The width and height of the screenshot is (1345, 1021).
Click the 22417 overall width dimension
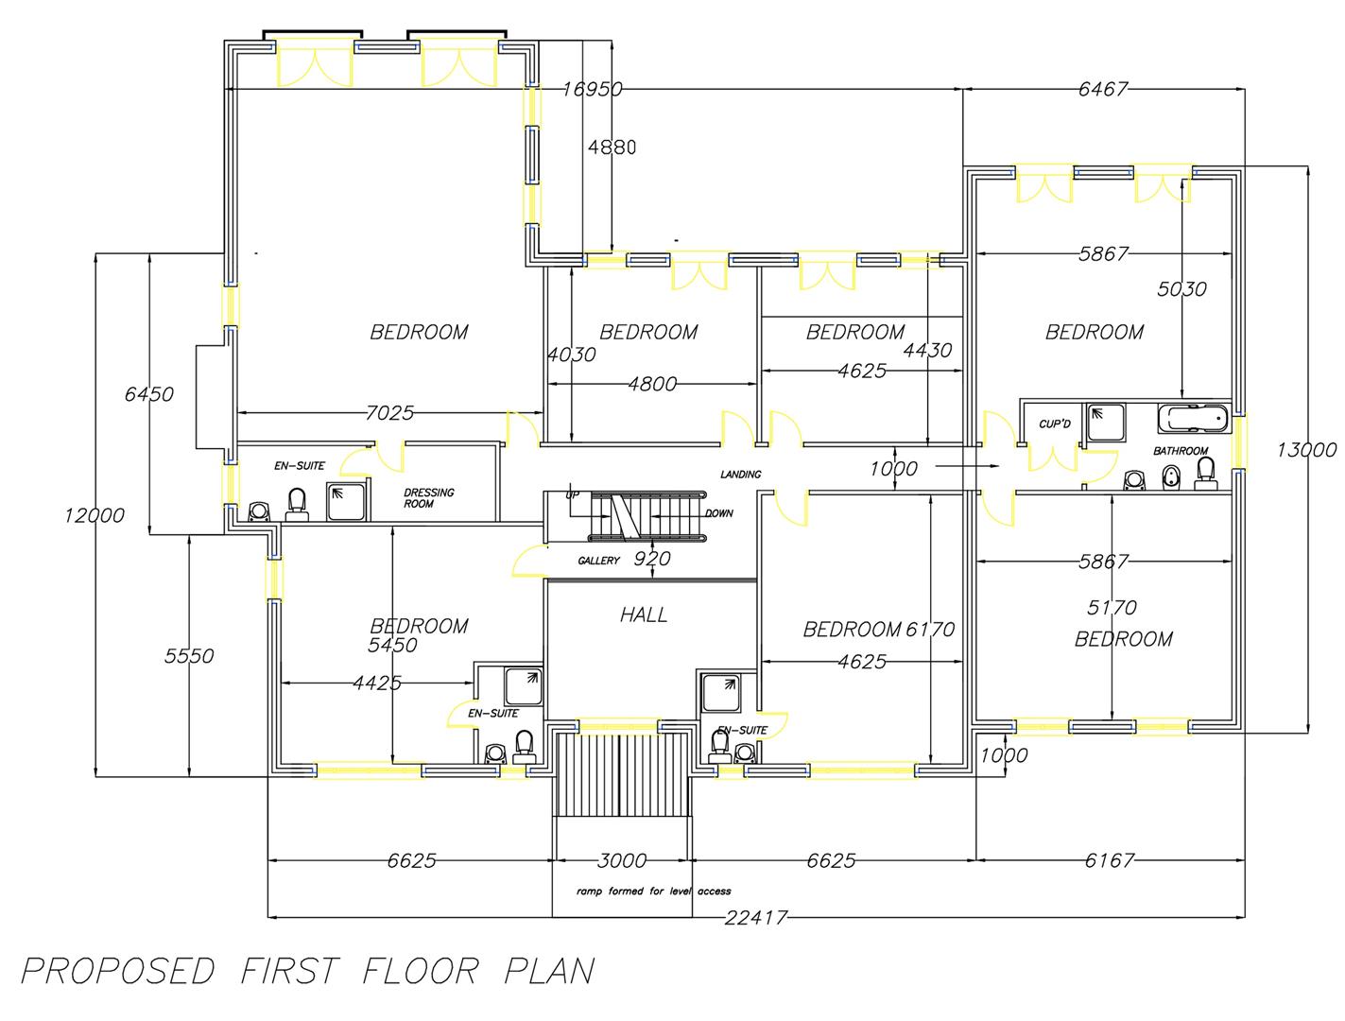[x=755, y=917]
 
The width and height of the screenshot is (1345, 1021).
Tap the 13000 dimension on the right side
[x=1306, y=450]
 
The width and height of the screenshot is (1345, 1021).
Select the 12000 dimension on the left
[x=95, y=515]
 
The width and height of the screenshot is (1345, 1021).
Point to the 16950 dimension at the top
[x=592, y=90]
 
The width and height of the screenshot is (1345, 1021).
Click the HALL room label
[x=644, y=614]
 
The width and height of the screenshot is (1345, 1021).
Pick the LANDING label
[x=740, y=475]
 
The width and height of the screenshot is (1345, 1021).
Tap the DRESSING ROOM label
[x=428, y=498]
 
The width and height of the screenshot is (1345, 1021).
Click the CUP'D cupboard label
[x=1054, y=424]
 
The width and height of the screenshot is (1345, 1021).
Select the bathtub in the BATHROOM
[x=1191, y=417]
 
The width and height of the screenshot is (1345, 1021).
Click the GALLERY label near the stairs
[x=598, y=561]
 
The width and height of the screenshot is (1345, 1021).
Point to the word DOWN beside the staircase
[x=718, y=513]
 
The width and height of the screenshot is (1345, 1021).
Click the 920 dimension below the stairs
[x=651, y=559]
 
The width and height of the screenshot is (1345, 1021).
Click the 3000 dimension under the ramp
[x=622, y=860]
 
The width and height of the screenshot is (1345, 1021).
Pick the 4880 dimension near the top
[x=612, y=147]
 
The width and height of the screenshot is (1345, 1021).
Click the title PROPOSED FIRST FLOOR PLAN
[x=308, y=972]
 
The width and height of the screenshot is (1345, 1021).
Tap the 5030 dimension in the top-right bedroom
[x=1181, y=289]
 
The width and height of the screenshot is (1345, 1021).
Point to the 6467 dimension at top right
[x=1102, y=90]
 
